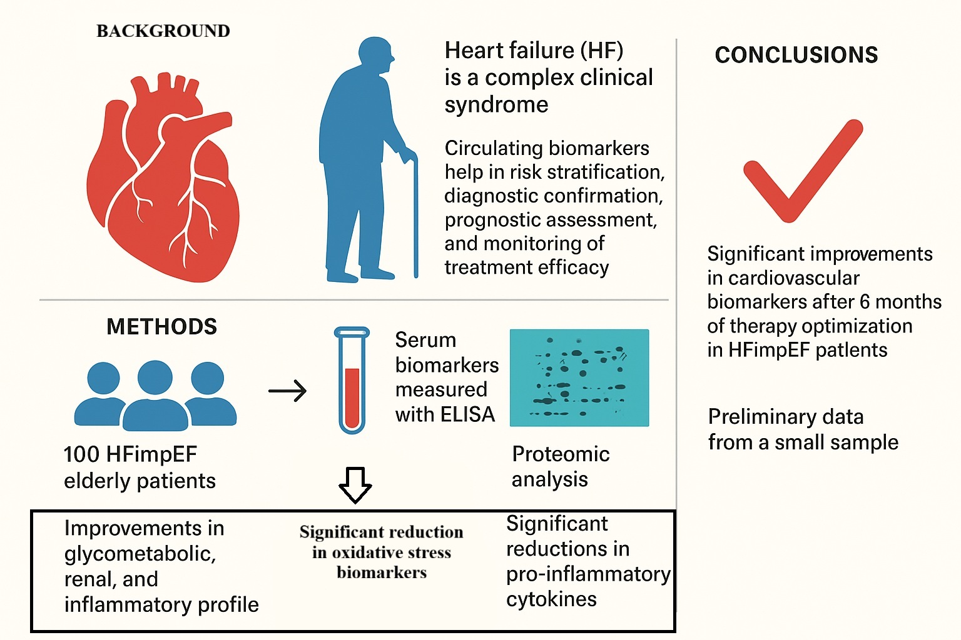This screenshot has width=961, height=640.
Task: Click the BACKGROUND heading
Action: pos(163,31)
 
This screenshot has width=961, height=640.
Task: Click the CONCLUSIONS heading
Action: pos(796,55)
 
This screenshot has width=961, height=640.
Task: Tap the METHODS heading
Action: pos(161,326)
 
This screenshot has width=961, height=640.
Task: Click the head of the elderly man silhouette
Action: pos(376,57)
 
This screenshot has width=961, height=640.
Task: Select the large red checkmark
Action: pos(802,172)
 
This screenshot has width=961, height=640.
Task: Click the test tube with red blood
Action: pos(352,381)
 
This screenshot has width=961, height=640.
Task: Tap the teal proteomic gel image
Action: pos(579,377)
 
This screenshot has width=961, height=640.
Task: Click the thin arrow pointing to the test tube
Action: pos(287,391)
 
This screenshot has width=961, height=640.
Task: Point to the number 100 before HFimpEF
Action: pos(81,454)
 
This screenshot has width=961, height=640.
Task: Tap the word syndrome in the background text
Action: pos(496,104)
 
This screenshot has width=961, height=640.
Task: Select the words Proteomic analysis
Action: pos(560,466)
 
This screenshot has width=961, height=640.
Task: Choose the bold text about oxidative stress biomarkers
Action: pos(382,552)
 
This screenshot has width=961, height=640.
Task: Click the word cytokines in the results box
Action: pos(551,599)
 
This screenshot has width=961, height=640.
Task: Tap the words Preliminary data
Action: pos(785,417)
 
